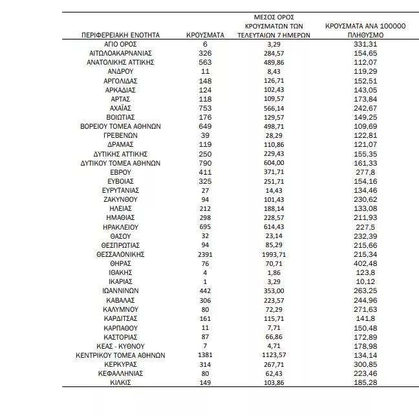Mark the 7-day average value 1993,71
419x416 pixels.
click(280, 255)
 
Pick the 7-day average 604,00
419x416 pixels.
click(280, 164)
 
